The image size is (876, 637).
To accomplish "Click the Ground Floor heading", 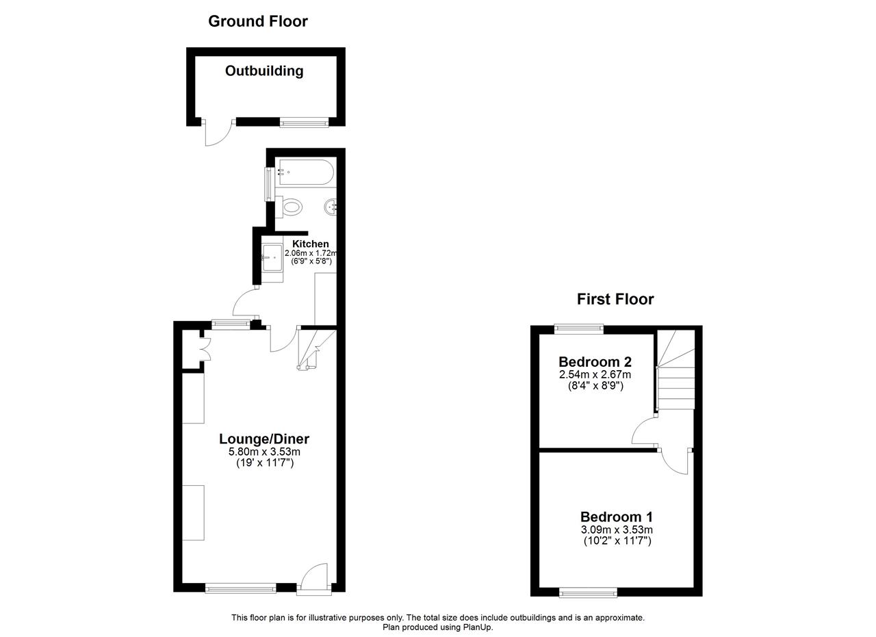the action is (258, 21).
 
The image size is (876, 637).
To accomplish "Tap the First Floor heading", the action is (615, 300).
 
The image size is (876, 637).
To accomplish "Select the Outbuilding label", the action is (264, 71).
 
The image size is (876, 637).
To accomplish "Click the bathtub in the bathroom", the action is (305, 172).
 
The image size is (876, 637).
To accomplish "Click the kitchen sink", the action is (272, 257).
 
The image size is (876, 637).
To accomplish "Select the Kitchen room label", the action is (311, 244).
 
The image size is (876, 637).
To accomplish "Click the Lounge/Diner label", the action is (264, 439).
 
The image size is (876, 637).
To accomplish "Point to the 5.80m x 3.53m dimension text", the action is (264, 452).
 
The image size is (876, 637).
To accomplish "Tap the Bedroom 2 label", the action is (595, 362).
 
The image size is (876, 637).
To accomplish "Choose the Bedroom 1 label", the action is (617, 517).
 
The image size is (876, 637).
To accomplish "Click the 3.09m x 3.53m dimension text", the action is (617, 530).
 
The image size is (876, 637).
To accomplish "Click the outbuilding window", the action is (304, 123).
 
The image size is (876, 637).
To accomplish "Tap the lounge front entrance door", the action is (314, 580).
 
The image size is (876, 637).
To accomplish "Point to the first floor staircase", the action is (675, 370).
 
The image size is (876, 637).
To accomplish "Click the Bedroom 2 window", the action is (579, 328).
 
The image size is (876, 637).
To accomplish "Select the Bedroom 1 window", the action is (588, 593).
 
